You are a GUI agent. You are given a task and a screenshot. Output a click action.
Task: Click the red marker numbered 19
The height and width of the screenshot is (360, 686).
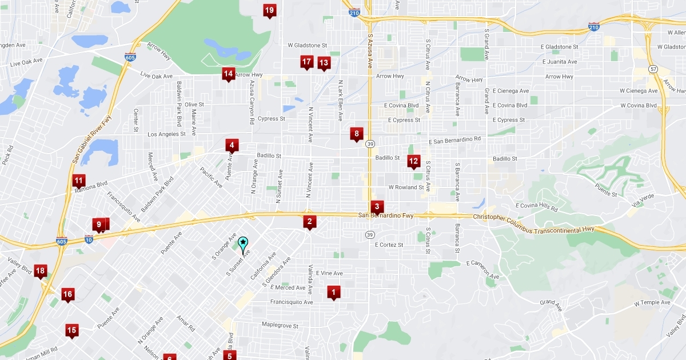[x=269, y=10]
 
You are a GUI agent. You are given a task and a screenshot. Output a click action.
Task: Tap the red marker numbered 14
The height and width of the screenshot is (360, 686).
[x=229, y=74]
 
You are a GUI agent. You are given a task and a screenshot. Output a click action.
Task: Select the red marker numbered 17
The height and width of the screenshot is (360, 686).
[x=306, y=62]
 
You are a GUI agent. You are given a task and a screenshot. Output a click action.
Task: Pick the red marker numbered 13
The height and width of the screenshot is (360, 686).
[x=324, y=63]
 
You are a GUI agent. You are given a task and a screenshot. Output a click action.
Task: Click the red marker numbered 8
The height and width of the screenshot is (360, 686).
[x=357, y=134]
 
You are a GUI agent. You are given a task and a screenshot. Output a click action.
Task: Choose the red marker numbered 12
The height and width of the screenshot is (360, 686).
[x=413, y=162]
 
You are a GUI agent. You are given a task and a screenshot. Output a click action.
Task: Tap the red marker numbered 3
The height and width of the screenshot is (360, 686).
[x=377, y=207]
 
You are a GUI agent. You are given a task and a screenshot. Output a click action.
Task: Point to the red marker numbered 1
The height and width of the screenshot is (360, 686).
[x=334, y=293]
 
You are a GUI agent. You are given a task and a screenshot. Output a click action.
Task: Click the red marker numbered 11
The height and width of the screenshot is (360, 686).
[x=79, y=181]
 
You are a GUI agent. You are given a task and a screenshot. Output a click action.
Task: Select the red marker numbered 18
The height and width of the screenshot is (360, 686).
[x=40, y=271]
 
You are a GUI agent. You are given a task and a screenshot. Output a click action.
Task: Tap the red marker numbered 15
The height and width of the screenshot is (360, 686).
[x=71, y=330]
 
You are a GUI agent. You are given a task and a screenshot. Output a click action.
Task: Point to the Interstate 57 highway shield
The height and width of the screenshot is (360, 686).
[x=653, y=69]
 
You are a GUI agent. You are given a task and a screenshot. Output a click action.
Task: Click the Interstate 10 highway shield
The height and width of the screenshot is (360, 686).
[x=89, y=238]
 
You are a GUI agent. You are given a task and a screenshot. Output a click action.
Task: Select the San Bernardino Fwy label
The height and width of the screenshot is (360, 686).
[x=385, y=215]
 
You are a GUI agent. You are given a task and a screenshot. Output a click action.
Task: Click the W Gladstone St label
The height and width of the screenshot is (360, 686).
[x=307, y=45]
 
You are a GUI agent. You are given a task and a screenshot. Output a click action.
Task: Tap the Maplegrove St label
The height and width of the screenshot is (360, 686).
[x=280, y=326]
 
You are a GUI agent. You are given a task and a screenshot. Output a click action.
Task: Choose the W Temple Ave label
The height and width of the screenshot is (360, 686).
[x=652, y=302]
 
